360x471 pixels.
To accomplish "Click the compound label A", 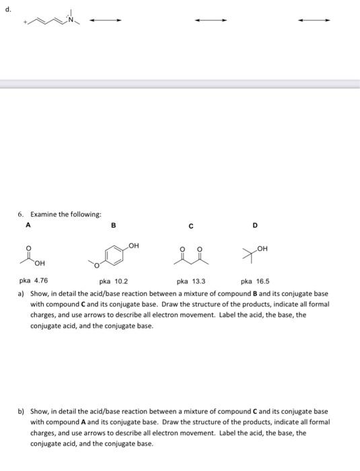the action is [28, 225].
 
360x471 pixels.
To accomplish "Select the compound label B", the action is [113, 225].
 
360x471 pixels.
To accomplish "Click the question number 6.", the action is [20, 214].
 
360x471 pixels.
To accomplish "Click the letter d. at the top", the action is [7, 8].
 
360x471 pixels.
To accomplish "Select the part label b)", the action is [22, 410].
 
